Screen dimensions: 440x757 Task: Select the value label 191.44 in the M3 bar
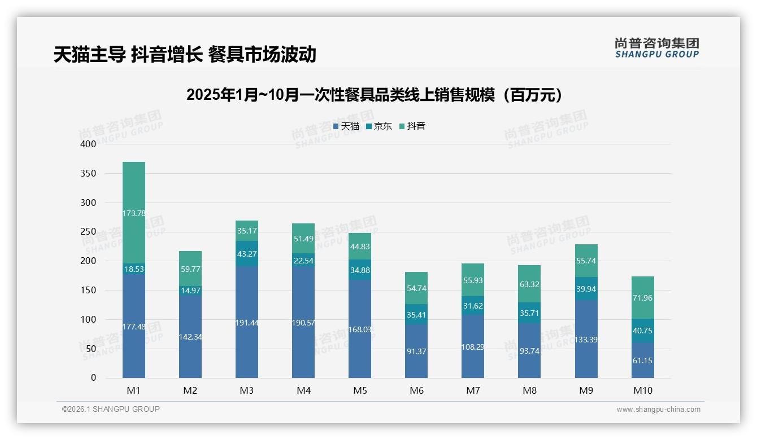click(247, 323)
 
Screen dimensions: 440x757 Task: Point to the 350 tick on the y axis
click(89, 173)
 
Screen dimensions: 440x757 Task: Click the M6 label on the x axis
click(416, 390)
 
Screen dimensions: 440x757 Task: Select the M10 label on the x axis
click(642, 390)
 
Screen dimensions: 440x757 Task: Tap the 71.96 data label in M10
click(642, 298)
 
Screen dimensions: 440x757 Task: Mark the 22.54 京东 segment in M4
click(303, 260)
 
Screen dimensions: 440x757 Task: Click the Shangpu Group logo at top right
click(656, 47)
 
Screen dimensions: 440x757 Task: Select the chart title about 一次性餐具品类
click(375, 95)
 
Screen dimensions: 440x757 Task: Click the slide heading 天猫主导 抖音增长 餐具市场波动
click(185, 54)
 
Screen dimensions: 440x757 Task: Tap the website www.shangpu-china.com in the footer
click(658, 410)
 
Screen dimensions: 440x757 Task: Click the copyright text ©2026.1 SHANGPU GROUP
click(111, 409)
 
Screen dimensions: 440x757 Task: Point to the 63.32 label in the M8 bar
click(529, 284)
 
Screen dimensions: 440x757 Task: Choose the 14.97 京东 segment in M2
click(190, 291)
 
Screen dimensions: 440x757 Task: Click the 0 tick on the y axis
click(93, 378)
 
